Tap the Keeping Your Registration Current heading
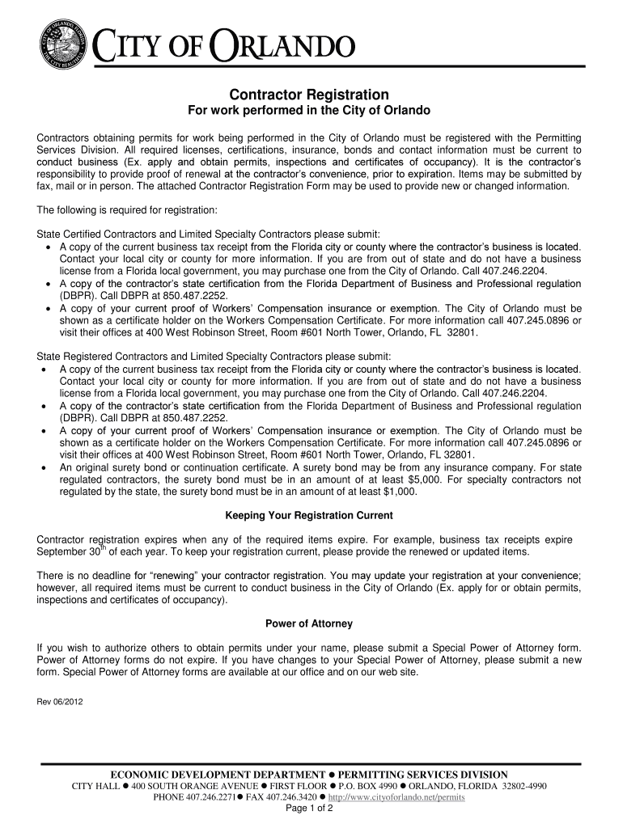[x=308, y=515]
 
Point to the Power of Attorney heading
[x=308, y=623]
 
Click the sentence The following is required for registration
[x=127, y=209]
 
